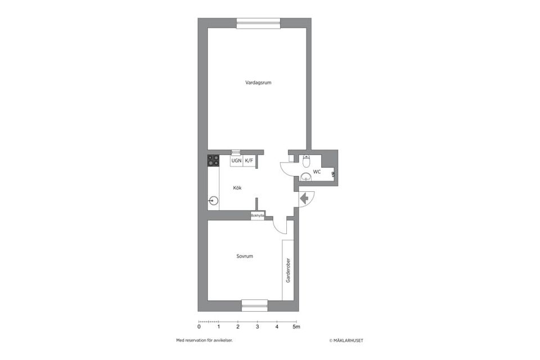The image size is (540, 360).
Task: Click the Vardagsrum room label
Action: (x=259, y=83)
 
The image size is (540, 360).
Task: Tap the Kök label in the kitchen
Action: (x=237, y=188)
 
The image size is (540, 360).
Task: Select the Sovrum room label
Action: (x=245, y=256)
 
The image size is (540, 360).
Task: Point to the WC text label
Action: (x=317, y=172)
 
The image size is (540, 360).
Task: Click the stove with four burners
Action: (x=213, y=160)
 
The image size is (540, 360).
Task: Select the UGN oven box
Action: (x=236, y=161)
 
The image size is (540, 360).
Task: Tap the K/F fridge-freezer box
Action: (x=249, y=161)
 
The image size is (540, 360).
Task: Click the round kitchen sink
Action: (x=213, y=200)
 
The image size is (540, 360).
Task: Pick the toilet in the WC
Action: (x=306, y=162)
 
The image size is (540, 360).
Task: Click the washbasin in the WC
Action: (x=306, y=178)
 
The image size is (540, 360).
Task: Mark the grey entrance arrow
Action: (x=304, y=198)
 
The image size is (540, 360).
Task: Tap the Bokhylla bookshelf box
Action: (x=258, y=216)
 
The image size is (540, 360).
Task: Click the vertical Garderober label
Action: (x=288, y=271)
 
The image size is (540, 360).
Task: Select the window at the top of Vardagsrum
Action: (x=258, y=23)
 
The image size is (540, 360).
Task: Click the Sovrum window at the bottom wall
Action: (x=255, y=305)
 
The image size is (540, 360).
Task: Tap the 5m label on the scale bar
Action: (x=297, y=326)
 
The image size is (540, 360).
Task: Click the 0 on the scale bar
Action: (x=199, y=326)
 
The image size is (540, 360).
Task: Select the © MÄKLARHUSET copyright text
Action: (x=350, y=340)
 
